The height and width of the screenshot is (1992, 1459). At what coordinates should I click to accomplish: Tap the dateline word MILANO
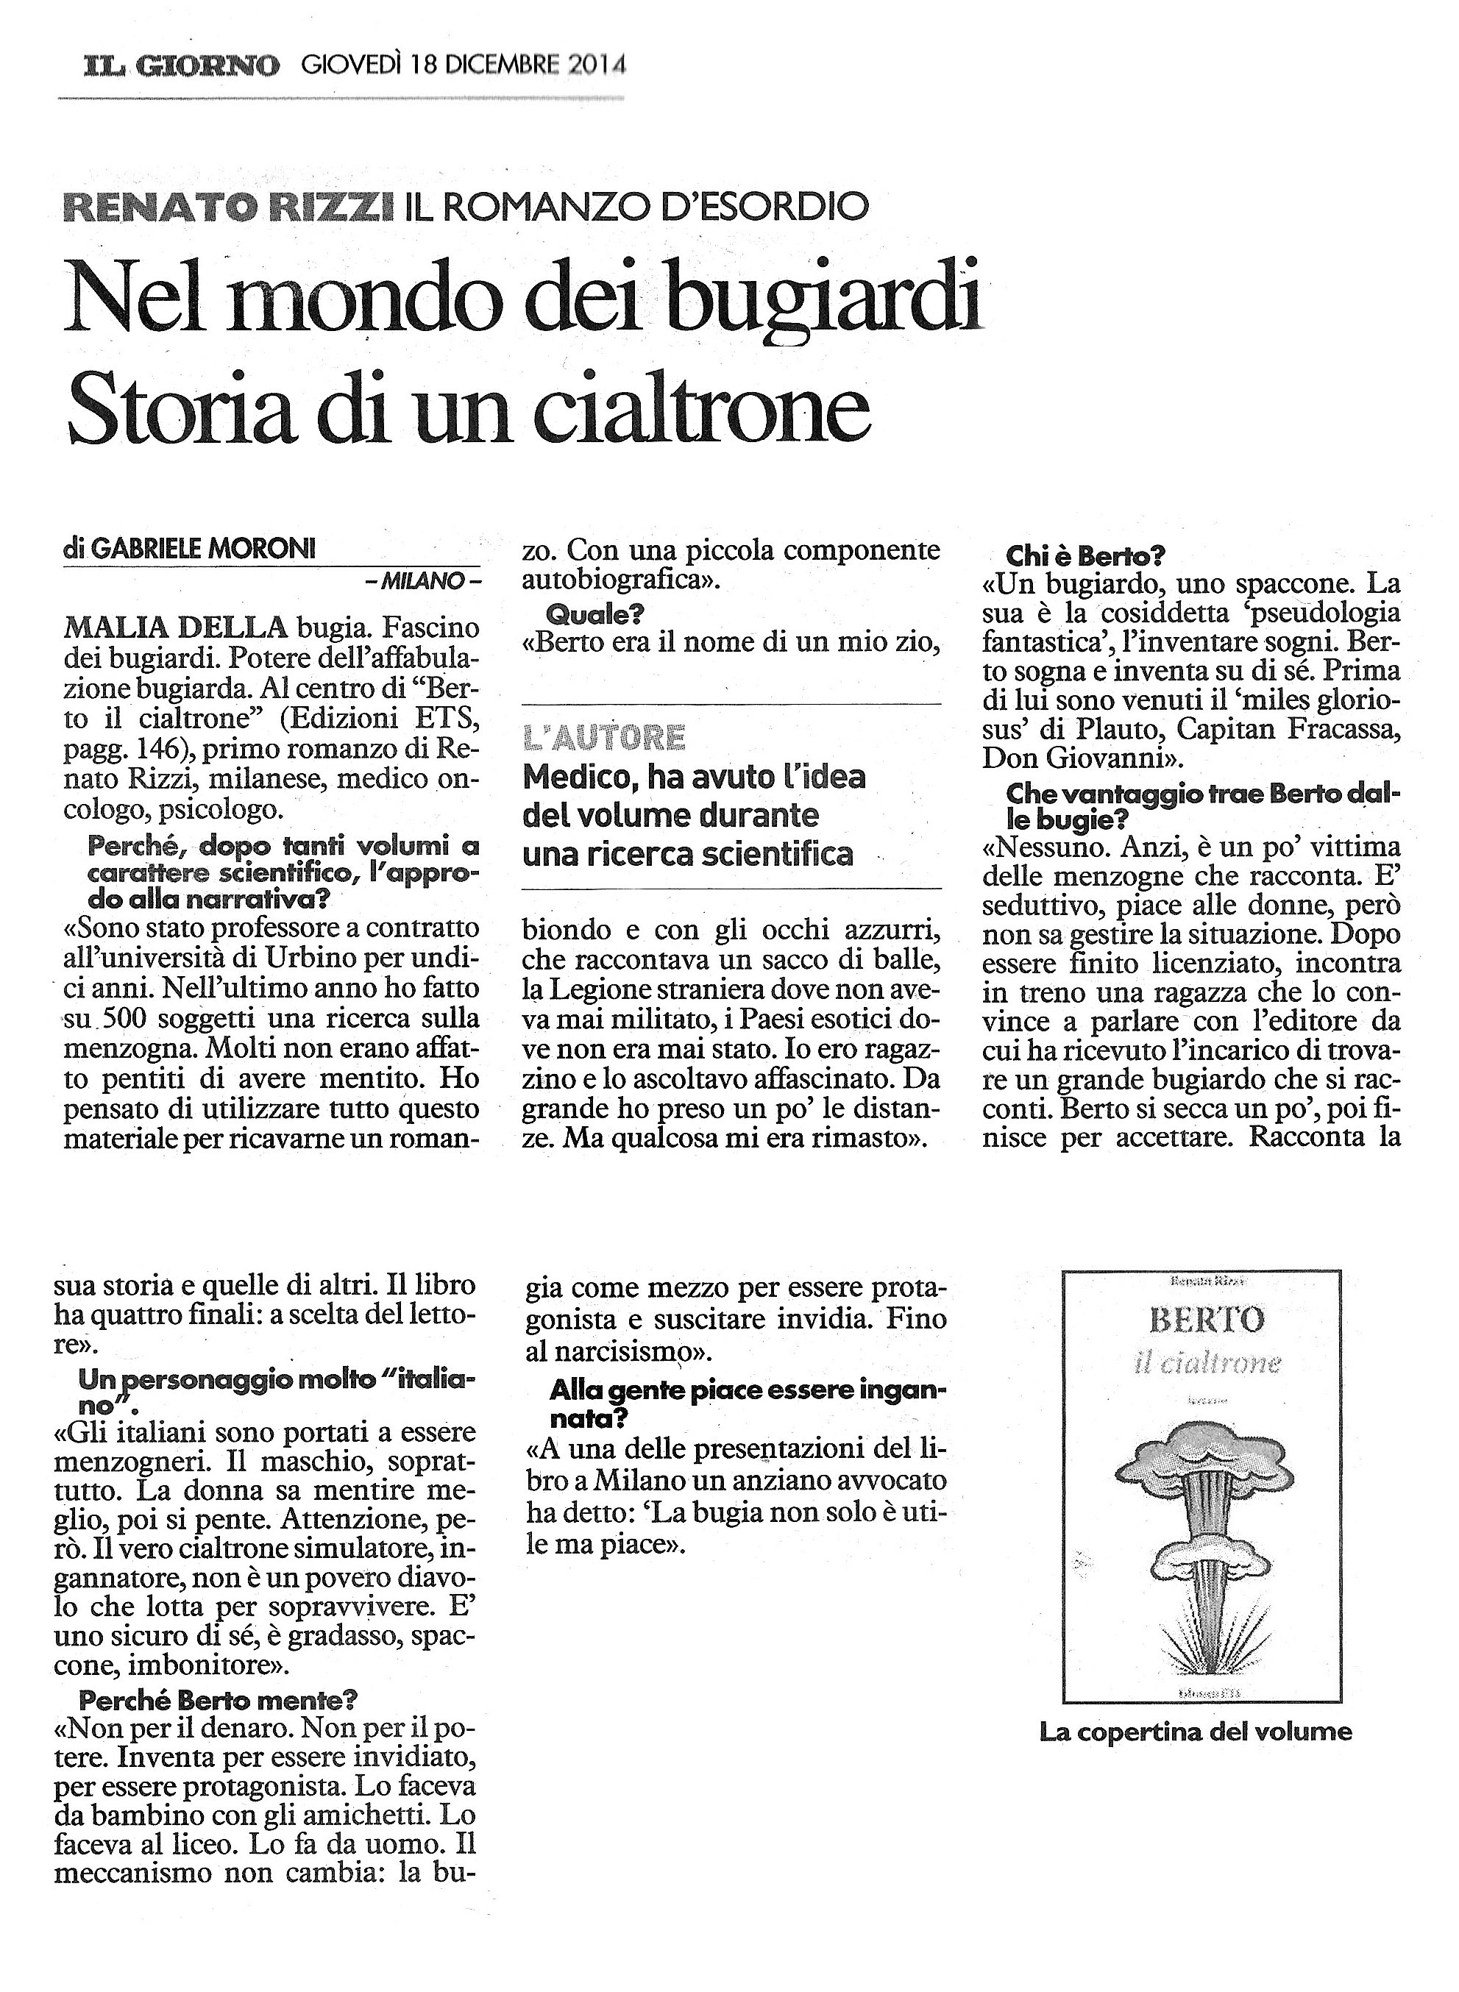click(423, 580)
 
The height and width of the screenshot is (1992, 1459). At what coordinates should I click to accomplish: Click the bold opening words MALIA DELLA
click(176, 627)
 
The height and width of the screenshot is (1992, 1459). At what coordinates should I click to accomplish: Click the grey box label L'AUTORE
click(604, 736)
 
